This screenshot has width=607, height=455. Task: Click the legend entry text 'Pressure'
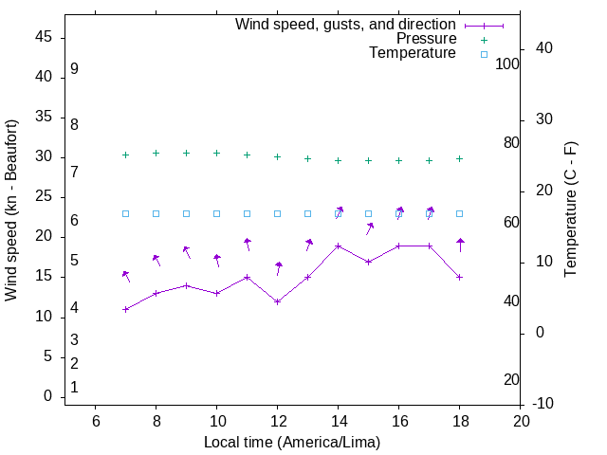426,39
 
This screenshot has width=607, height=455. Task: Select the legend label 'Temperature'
413,53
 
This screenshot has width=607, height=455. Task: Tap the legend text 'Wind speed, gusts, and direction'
345,25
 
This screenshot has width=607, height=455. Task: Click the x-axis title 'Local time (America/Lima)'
292,442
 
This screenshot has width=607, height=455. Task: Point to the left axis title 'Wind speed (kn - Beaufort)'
11,210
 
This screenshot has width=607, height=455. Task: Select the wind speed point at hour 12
277,301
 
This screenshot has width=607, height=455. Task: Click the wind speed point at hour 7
125,309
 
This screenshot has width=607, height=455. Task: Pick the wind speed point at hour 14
338,246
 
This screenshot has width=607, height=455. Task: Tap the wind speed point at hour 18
459,277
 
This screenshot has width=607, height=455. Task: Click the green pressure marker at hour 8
156,153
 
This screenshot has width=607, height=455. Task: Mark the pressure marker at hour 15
368,160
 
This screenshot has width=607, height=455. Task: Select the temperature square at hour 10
216,213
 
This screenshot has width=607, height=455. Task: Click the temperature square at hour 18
459,213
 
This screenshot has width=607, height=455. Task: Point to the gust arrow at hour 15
369,228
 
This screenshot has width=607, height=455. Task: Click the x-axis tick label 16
398,421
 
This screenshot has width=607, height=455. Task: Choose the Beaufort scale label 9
74,69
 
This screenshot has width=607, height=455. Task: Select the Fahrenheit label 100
507,64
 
